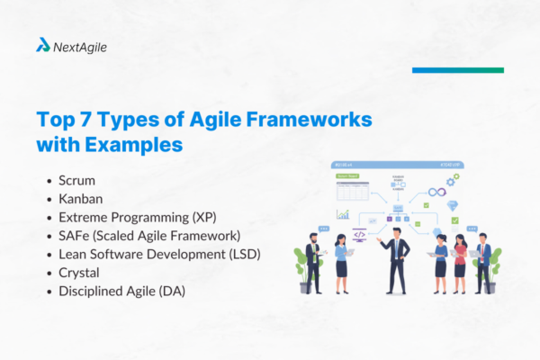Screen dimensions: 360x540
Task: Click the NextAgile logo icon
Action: pyautogui.click(x=42, y=46)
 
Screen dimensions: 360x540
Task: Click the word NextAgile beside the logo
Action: pyautogui.click(x=80, y=47)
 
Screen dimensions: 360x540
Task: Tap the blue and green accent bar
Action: pyautogui.click(x=457, y=69)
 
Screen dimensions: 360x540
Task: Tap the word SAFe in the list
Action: pyautogui.click(x=76, y=236)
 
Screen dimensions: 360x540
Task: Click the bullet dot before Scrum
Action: pyautogui.click(x=48, y=182)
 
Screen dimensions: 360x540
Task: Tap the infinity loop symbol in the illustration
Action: pyautogui.click(x=436, y=192)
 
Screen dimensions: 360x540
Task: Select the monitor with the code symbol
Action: pyautogui.click(x=359, y=234)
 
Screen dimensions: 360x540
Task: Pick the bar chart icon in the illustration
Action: pyautogui.click(x=343, y=214)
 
